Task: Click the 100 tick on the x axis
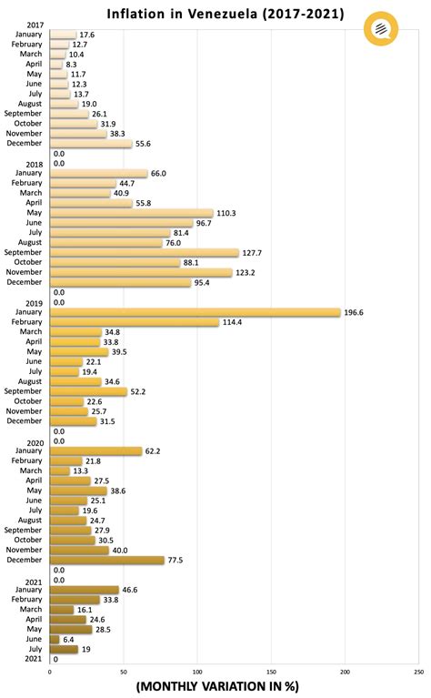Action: [x=197, y=672]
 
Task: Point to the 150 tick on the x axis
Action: [x=271, y=672]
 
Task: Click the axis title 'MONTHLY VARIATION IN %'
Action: [x=216, y=687]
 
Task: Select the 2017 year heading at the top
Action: [x=36, y=25]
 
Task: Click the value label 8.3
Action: [x=72, y=65]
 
